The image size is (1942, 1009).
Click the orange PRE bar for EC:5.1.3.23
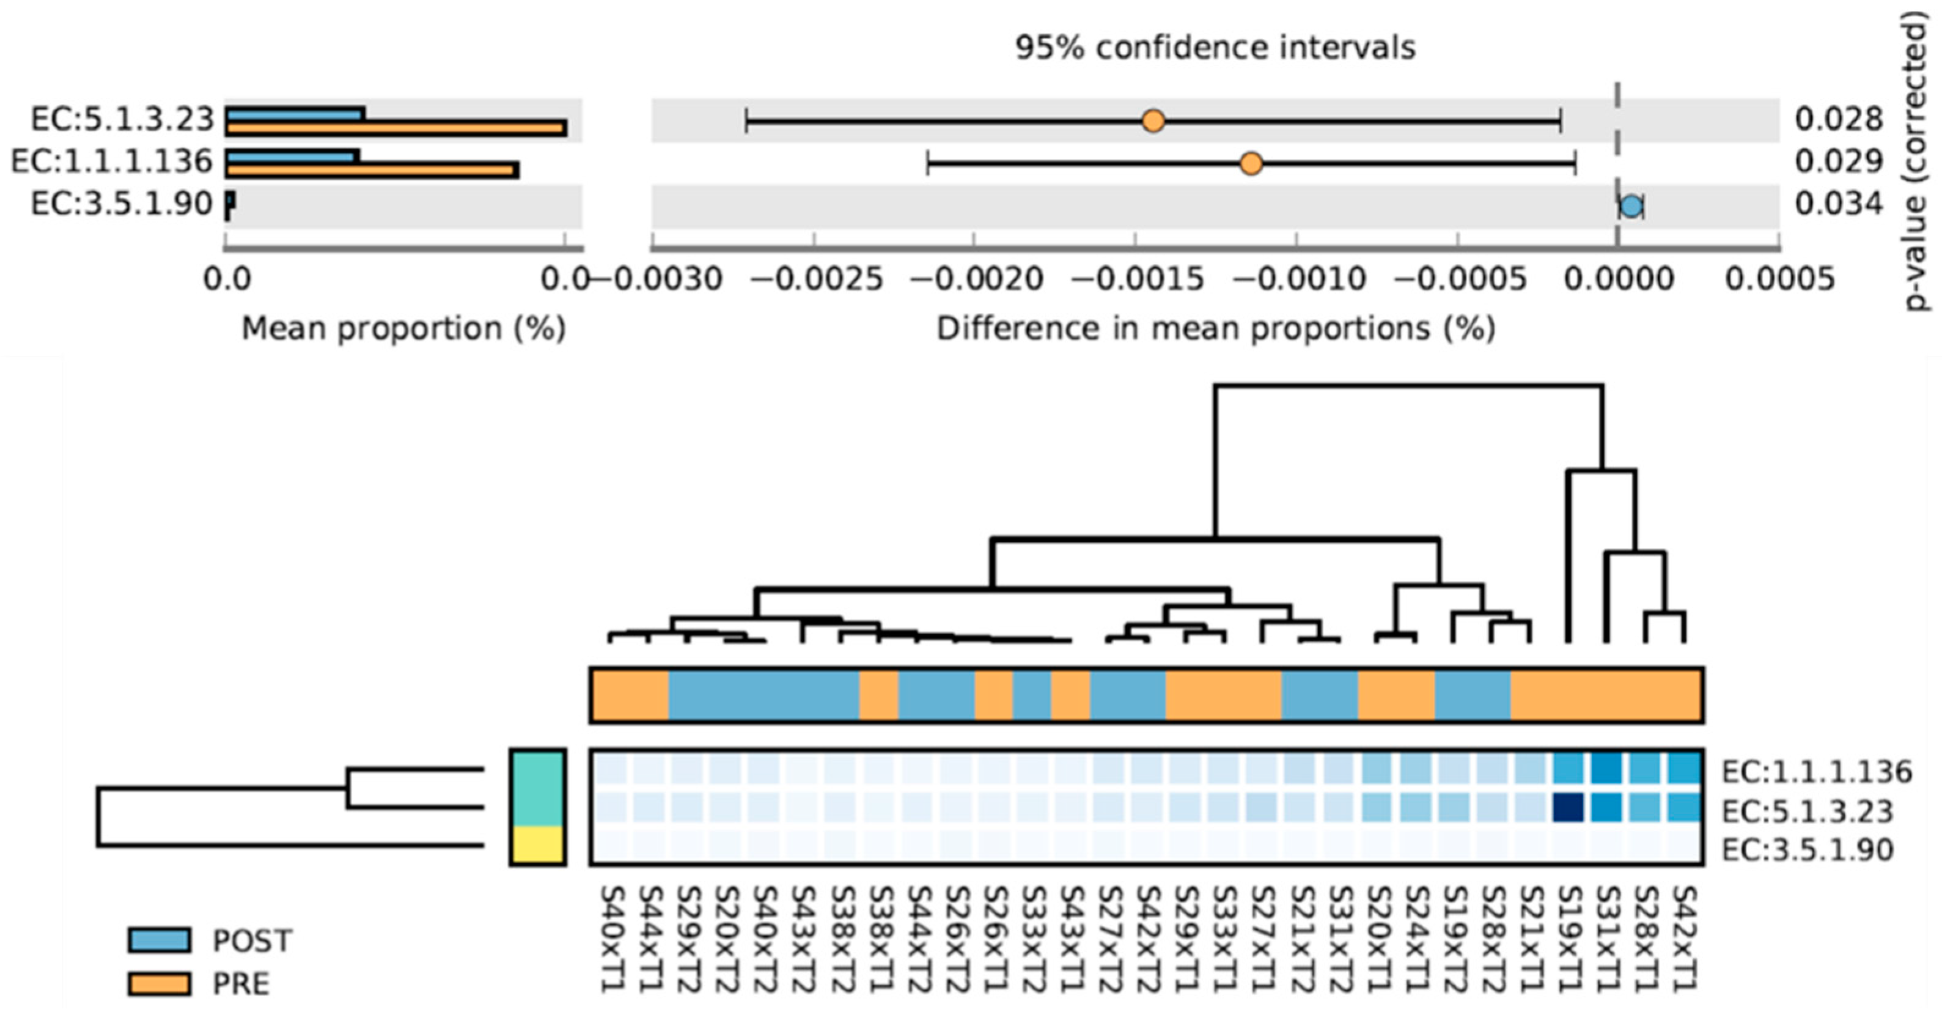(x=395, y=129)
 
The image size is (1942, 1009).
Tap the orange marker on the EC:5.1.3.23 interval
(x=1153, y=120)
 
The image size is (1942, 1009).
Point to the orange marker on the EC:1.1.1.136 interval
(x=1251, y=163)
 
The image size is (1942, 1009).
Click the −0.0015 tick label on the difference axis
(x=1138, y=279)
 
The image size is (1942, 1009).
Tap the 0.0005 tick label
(x=1780, y=279)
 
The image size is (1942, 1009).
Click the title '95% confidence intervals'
(x=1215, y=48)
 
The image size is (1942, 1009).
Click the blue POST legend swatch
(x=158, y=940)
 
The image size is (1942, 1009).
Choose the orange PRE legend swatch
(x=158, y=983)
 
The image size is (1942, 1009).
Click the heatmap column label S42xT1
(x=1684, y=938)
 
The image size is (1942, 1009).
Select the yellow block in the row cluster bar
(x=537, y=845)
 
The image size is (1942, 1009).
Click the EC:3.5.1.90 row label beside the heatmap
(x=1808, y=850)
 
